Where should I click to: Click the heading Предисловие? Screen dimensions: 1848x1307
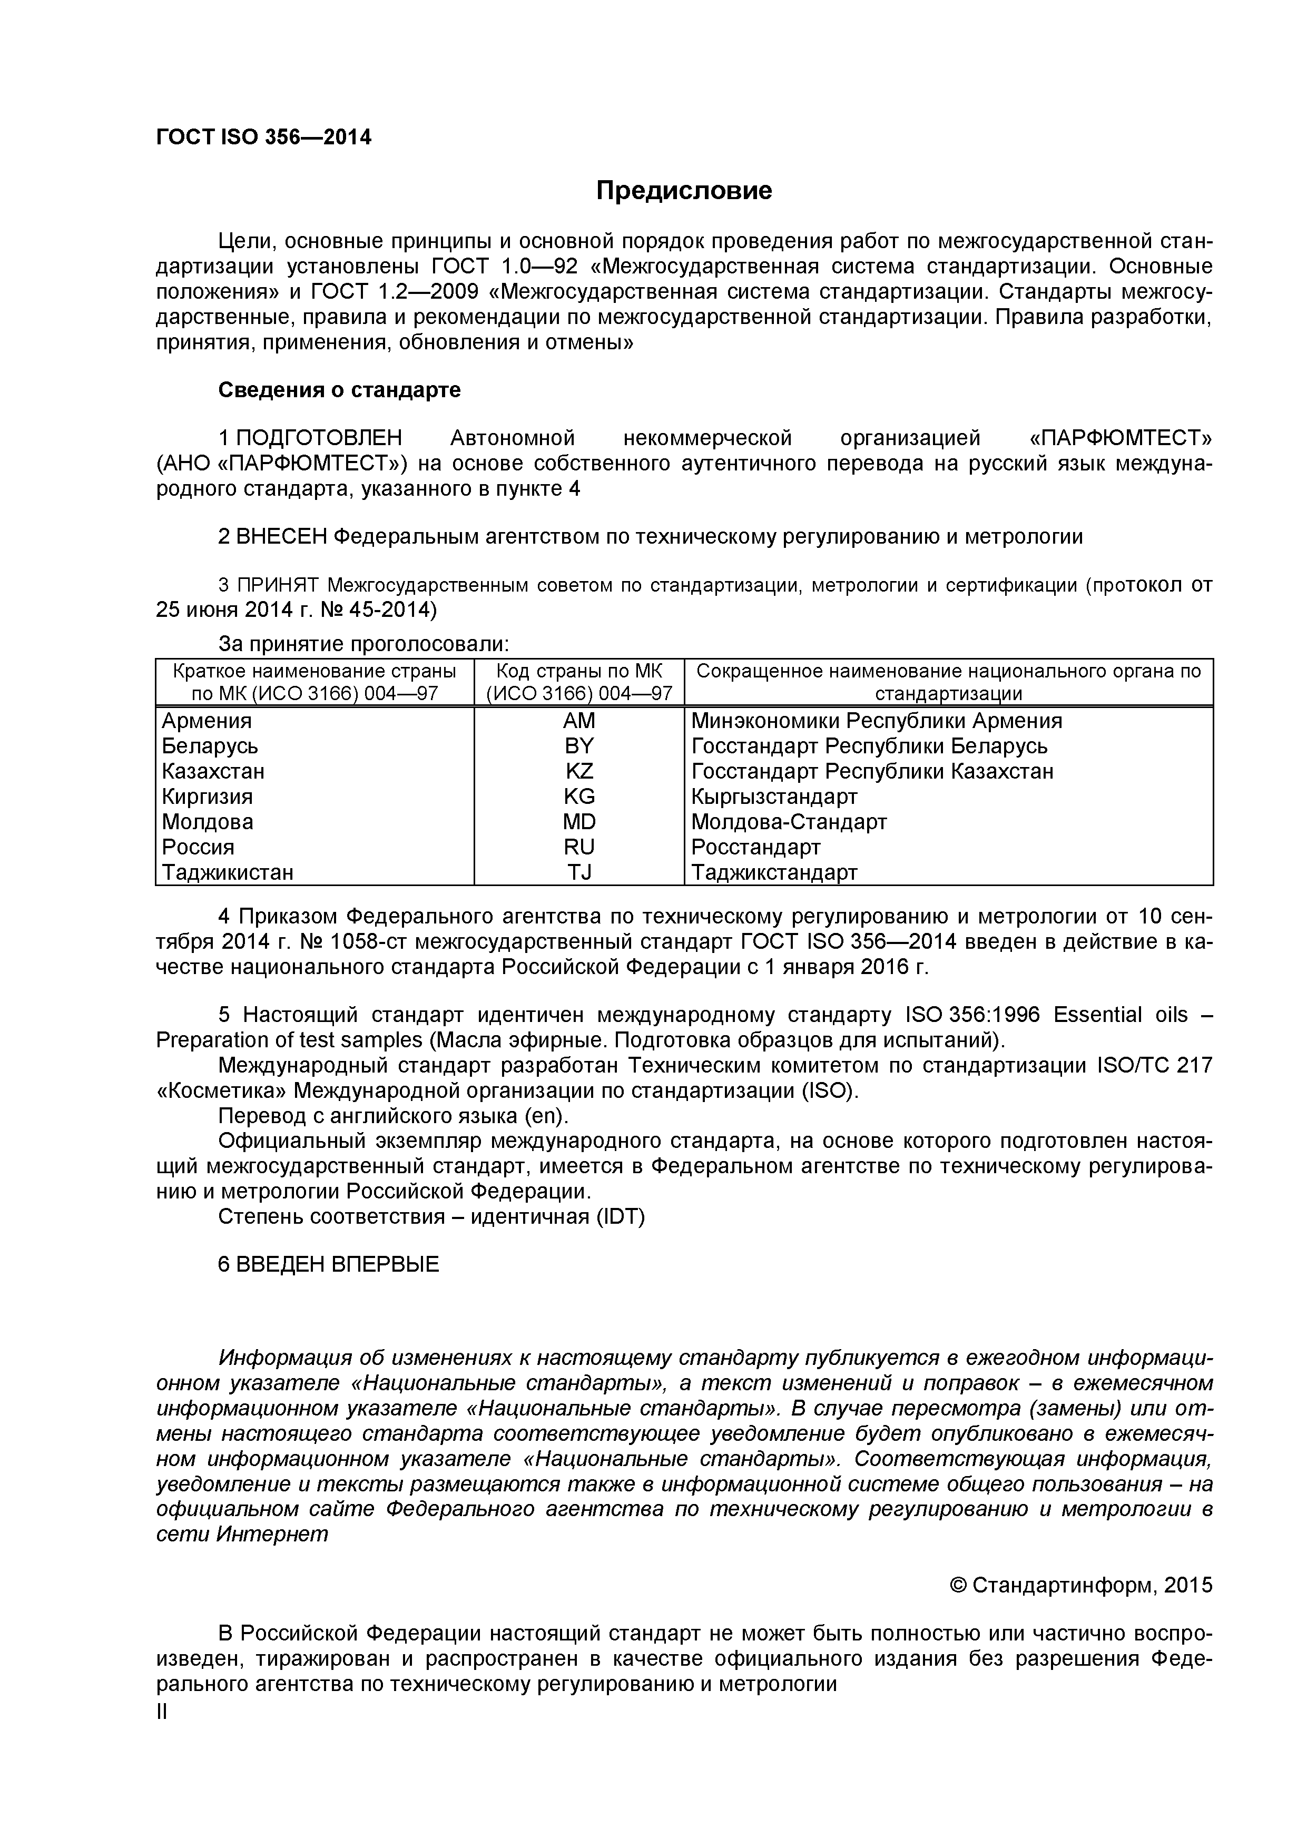click(683, 191)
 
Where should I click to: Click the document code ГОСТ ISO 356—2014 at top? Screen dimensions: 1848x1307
click(263, 137)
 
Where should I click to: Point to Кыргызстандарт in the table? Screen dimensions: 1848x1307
click(774, 797)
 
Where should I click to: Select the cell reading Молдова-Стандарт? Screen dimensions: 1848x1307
click(789, 822)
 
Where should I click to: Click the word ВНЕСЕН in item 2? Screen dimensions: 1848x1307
click(282, 537)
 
